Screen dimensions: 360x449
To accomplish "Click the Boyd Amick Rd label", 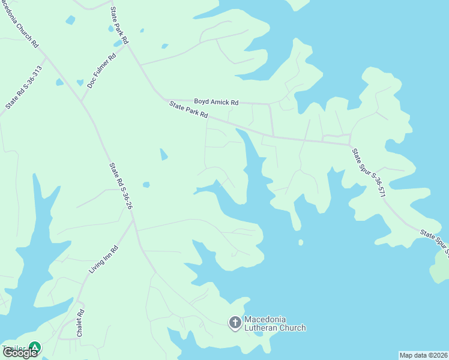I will point(216,103).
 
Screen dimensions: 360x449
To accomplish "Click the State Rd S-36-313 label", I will point(25,87).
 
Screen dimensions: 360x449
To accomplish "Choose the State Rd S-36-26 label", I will point(121,186).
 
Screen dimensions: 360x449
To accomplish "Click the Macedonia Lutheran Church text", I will point(275,324).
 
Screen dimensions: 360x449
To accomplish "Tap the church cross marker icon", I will point(235,323).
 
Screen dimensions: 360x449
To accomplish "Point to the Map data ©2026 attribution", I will point(423,355).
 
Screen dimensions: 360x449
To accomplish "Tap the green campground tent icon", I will point(35,347).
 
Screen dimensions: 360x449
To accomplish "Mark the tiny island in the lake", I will point(300,242).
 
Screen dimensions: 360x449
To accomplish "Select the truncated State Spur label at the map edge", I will point(435,239).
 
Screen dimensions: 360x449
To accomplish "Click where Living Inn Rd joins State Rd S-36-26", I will point(133,220).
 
